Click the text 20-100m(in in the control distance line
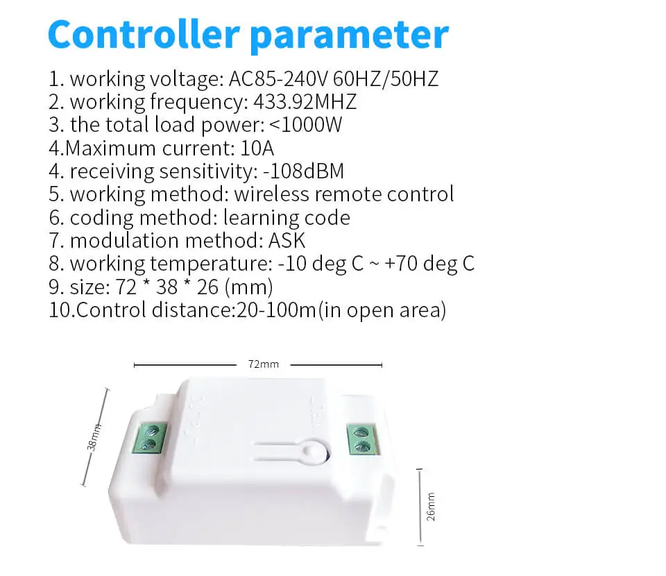pyautogui.click(x=291, y=310)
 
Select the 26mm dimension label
pyautogui.click(x=431, y=507)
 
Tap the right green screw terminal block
pyautogui.click(x=361, y=437)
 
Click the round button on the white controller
pyautogui.click(x=316, y=450)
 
